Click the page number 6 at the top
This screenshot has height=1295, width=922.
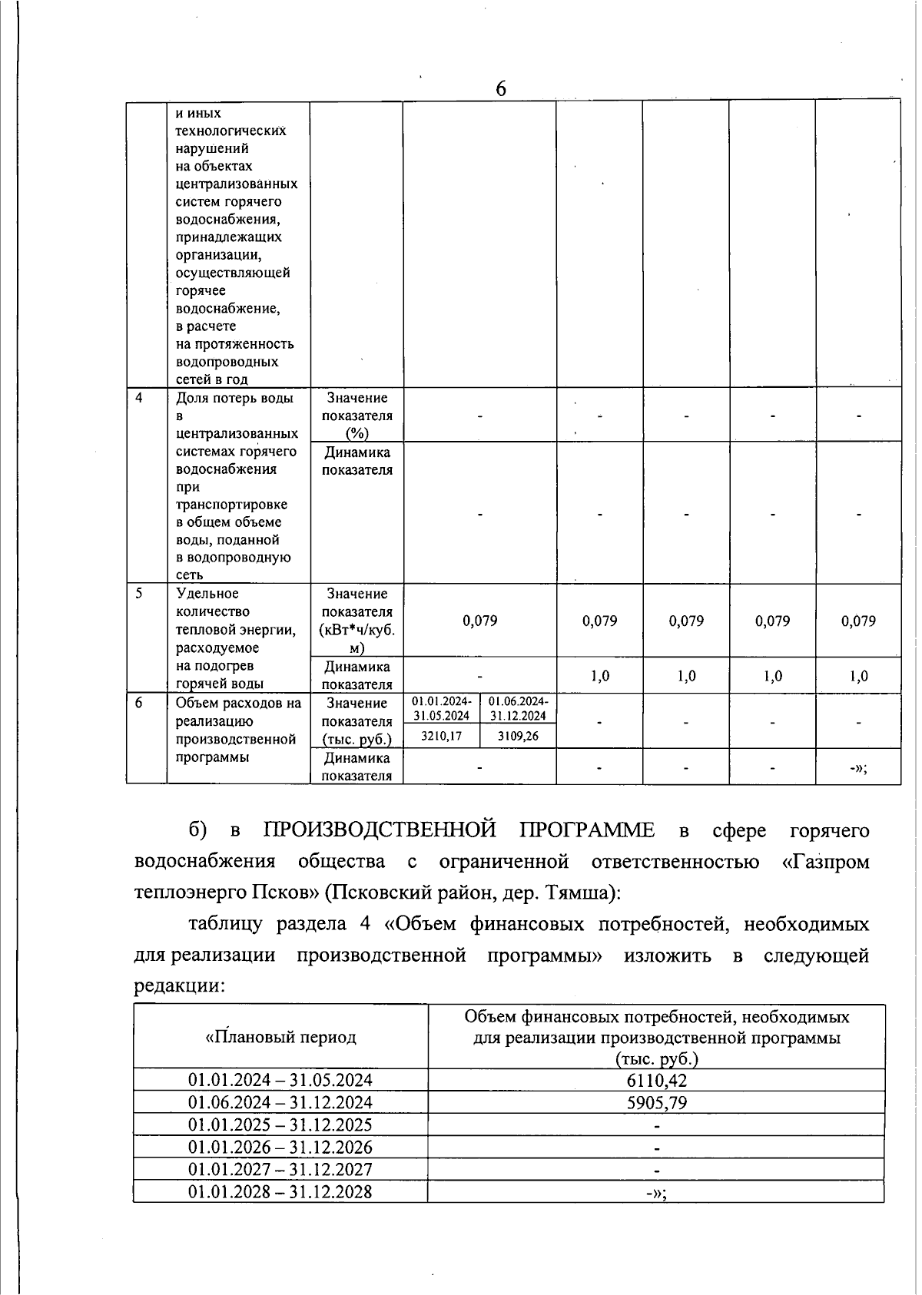(501, 89)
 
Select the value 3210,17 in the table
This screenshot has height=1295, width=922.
(441, 736)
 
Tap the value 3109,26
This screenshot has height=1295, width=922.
(518, 736)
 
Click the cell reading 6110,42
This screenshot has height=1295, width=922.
(656, 1080)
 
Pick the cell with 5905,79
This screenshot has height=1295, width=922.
(656, 1102)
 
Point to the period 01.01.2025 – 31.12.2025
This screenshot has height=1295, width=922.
(280, 1124)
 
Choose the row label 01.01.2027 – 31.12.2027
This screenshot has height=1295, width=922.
(280, 1169)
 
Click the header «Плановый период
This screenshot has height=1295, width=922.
(280, 1037)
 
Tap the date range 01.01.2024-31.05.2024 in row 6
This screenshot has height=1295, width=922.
(441, 708)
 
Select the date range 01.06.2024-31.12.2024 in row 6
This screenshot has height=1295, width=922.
(518, 708)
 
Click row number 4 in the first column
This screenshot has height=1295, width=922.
(139, 398)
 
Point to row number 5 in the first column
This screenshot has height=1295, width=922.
(139, 593)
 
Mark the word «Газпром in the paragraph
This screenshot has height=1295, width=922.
(825, 862)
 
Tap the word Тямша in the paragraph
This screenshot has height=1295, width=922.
(575, 893)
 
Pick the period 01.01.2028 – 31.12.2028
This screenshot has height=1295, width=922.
(280, 1191)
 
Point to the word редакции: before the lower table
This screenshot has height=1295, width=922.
(178, 986)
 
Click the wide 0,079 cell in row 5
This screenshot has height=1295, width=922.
(479, 621)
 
